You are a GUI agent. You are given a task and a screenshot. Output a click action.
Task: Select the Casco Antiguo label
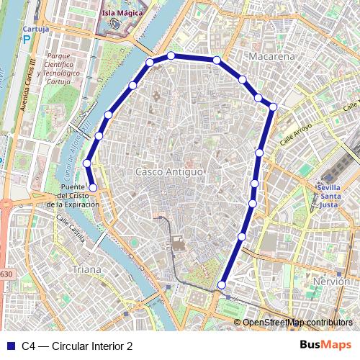[x=169, y=172]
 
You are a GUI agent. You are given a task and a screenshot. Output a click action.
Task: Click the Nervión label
[x=332, y=281]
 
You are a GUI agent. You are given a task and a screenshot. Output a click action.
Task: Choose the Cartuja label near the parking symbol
[x=35, y=30]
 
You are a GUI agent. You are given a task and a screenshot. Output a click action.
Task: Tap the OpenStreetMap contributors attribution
[x=297, y=322]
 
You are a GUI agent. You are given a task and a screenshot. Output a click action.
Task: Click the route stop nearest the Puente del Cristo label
[x=93, y=188]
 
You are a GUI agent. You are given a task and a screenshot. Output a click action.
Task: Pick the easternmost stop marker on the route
[x=273, y=107]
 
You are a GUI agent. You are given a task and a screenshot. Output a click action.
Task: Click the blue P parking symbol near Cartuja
[x=28, y=41]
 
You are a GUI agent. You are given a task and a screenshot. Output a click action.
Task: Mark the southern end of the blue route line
[x=221, y=286]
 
